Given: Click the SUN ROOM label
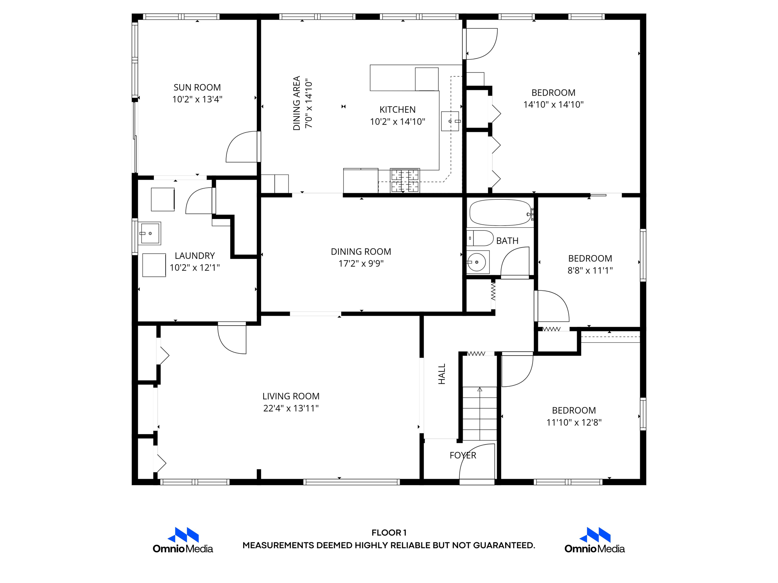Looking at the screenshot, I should click(x=197, y=87).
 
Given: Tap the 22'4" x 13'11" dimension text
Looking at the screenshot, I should click(x=291, y=408).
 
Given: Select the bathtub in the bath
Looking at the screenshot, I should click(x=500, y=213).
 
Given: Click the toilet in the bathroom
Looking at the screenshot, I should click(x=481, y=238).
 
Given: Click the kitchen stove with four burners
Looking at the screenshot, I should click(x=405, y=181).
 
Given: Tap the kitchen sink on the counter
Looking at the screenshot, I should click(x=450, y=121).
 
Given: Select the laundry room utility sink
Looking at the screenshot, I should click(x=150, y=233).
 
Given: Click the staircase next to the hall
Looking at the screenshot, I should click(x=479, y=414).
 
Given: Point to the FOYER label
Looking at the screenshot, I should click(x=462, y=455).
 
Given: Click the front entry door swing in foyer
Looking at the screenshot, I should click(x=476, y=463).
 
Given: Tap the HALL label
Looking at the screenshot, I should click(x=442, y=374).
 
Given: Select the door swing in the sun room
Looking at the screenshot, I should click(x=242, y=147).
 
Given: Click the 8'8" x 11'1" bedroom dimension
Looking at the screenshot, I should click(x=590, y=271).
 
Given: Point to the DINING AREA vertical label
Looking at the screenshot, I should click(x=297, y=103).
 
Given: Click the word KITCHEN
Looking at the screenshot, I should click(x=397, y=110).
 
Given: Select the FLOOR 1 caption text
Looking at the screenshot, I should click(x=389, y=533).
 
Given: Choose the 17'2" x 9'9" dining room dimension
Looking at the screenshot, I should click(x=361, y=263).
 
